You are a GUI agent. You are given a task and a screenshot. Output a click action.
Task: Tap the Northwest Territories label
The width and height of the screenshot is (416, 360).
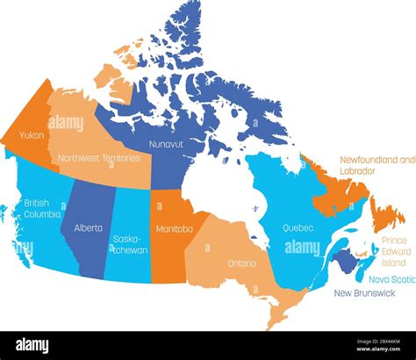point(97,158)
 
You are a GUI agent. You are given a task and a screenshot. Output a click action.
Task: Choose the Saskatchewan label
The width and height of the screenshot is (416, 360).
point(130,244)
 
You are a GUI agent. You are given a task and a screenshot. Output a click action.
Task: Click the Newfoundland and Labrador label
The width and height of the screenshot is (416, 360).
point(377,165)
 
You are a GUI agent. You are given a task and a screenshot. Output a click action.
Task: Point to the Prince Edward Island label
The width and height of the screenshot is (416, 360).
point(394,251)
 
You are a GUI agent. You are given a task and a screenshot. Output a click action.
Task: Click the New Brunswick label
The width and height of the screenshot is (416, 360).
point(367,294)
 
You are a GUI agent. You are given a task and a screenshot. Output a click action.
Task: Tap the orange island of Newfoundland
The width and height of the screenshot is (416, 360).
point(384,213)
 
